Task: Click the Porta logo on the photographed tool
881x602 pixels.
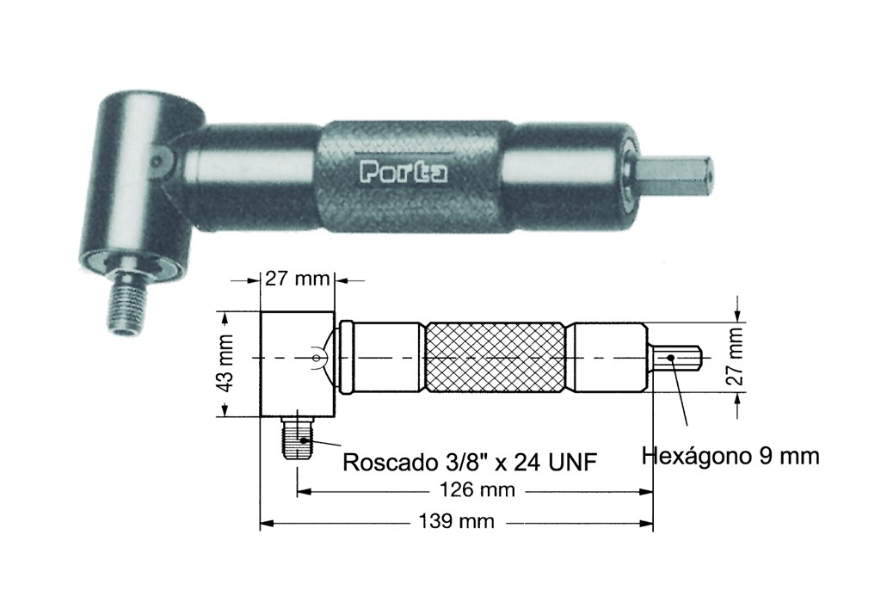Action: tap(402, 171)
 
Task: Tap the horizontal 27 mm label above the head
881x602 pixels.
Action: tap(296, 279)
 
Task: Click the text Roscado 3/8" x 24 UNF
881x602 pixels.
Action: tap(470, 463)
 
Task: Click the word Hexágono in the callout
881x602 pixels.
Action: tap(696, 455)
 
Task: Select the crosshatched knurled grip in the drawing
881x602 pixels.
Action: tap(496, 357)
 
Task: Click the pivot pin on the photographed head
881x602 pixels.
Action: tap(158, 161)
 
